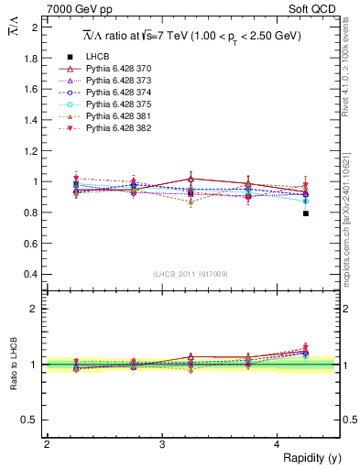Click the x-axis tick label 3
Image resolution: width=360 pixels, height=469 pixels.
coord(161,444)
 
